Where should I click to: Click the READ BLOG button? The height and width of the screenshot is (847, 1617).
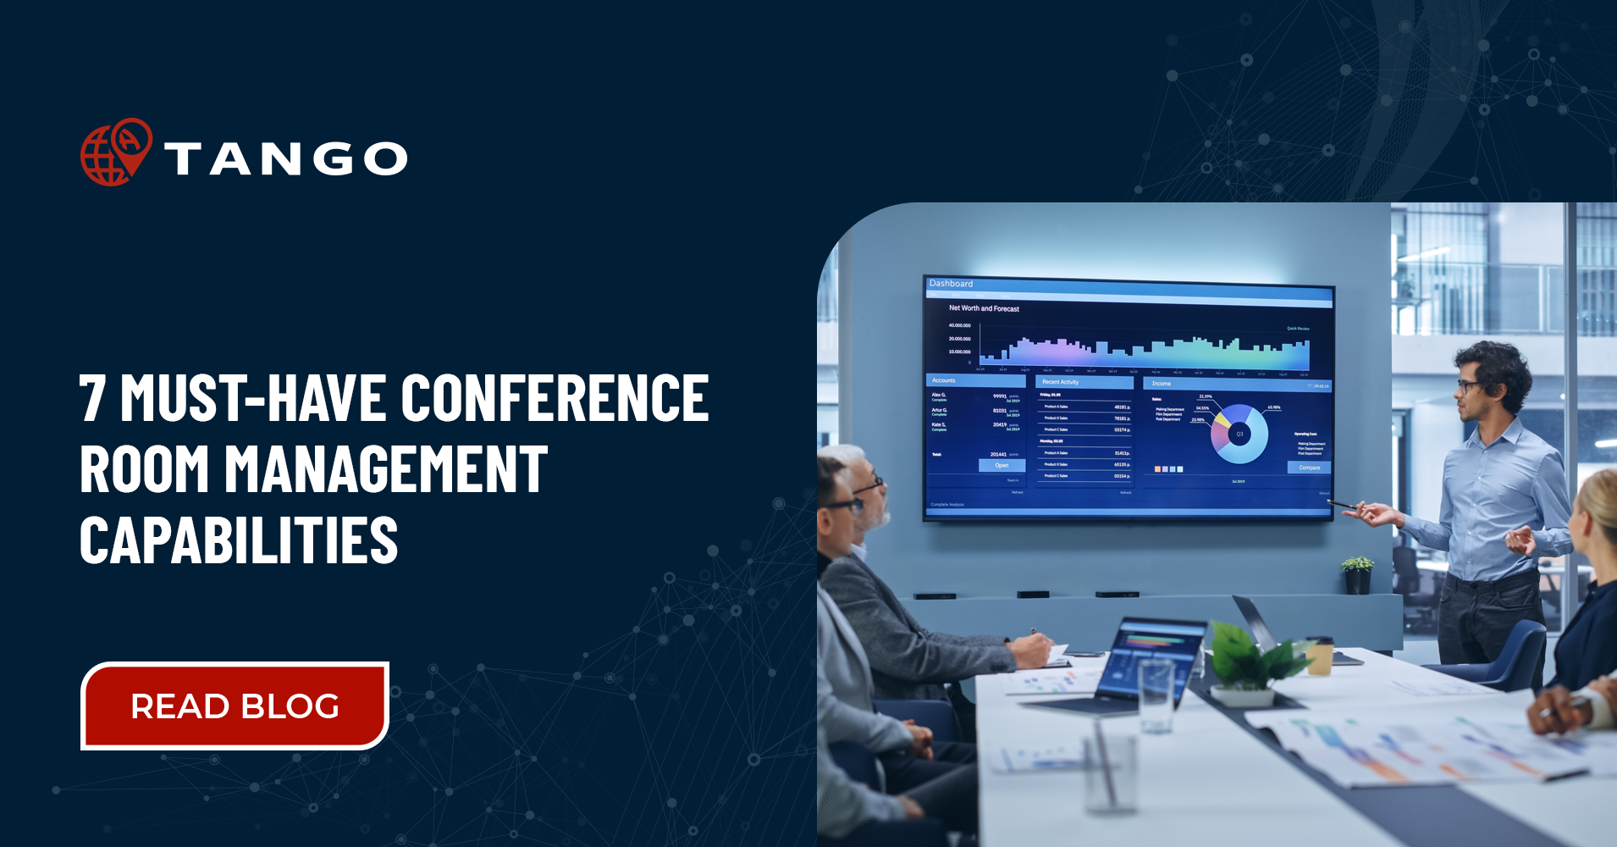(235, 706)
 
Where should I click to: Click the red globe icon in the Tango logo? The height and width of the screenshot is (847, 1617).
(115, 153)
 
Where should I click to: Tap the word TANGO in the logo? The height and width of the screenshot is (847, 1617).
(286, 159)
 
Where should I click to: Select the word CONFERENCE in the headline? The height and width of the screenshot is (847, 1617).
(555, 397)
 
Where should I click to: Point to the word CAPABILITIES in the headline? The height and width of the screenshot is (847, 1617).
(239, 540)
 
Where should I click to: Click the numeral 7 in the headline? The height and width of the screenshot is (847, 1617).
(92, 397)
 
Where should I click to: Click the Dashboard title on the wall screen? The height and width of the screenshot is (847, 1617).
(951, 284)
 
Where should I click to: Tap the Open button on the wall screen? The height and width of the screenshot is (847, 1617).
(1002, 465)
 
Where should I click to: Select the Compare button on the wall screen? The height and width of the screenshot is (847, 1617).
(1309, 468)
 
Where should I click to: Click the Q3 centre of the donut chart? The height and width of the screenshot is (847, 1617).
(1239, 434)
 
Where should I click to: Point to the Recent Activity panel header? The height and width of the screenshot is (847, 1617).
(1061, 382)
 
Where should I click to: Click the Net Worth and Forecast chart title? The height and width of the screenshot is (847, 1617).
(984, 308)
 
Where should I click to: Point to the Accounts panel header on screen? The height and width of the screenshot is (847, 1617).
(944, 380)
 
